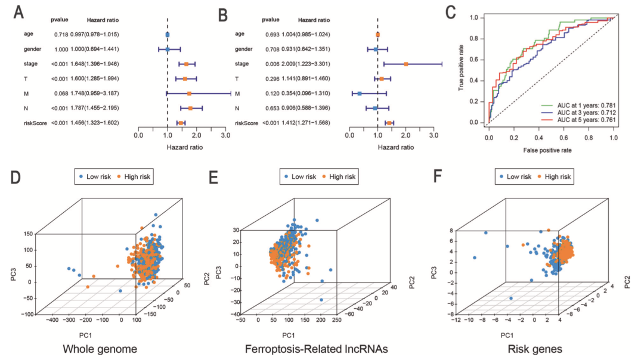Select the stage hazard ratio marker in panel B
[x=406, y=63]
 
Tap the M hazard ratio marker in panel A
[x=189, y=93]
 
